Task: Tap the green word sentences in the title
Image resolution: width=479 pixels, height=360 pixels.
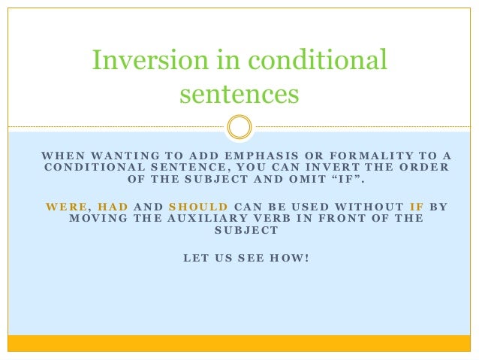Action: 239,95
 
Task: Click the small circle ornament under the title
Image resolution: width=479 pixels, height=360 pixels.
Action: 239,126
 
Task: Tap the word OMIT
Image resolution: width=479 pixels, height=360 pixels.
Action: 300,179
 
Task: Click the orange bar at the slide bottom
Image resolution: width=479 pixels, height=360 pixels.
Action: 239,343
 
